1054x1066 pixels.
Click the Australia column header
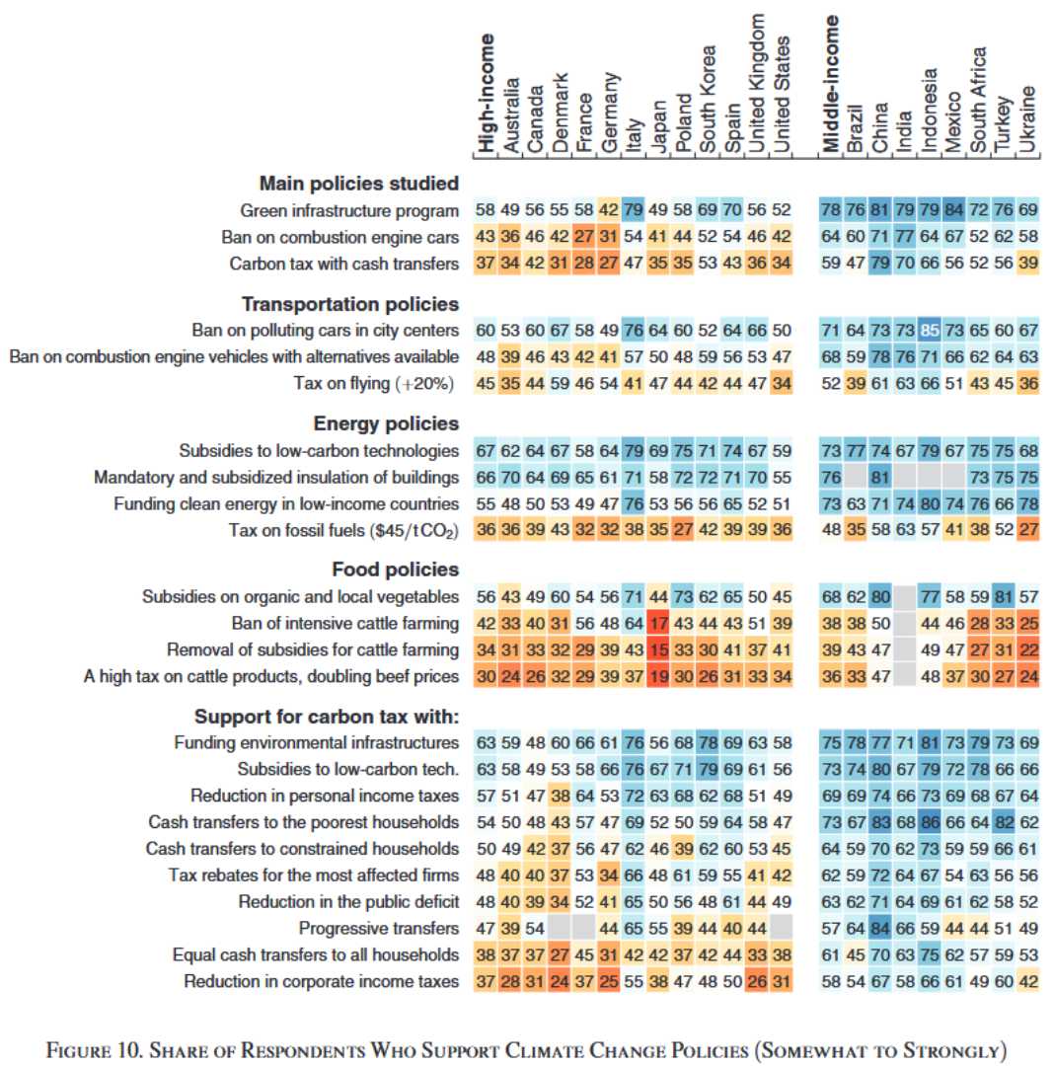(x=511, y=115)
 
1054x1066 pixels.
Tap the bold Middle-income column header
(x=831, y=85)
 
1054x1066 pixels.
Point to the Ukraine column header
(x=1027, y=119)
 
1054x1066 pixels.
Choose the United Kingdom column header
(x=757, y=84)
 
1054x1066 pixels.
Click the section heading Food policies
(x=395, y=570)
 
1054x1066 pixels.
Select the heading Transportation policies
(x=350, y=304)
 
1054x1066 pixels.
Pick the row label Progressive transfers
(x=379, y=928)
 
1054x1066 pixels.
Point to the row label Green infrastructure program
(x=349, y=210)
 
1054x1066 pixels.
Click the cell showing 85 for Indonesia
(x=929, y=330)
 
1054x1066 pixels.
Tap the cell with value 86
(x=929, y=821)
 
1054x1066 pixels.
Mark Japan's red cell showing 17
(x=658, y=623)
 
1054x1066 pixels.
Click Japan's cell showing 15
(x=658, y=649)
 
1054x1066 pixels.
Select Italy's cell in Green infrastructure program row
(x=634, y=210)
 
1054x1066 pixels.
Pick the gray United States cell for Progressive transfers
(x=781, y=928)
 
